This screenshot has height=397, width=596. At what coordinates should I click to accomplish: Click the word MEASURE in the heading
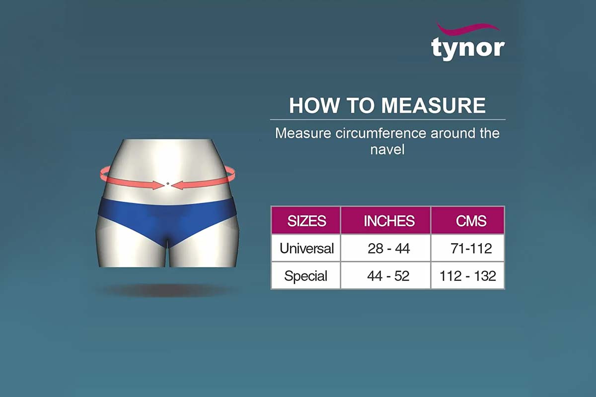point(434,106)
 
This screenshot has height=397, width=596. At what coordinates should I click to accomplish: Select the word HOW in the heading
point(314,106)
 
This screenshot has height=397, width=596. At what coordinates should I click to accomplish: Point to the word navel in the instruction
point(387,149)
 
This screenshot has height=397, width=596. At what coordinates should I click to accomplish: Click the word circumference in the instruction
point(380,133)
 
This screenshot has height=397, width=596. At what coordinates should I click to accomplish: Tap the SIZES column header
point(306,221)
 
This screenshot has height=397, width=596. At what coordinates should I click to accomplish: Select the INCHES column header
point(389,221)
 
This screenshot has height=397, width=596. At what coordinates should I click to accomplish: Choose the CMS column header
point(471,221)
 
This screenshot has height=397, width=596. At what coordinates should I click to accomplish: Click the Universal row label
point(306,248)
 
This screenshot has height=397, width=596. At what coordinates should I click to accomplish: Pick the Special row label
point(306,276)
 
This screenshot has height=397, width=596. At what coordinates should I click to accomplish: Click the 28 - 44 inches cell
point(389,249)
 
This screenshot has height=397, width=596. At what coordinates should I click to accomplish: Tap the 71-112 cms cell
point(471,249)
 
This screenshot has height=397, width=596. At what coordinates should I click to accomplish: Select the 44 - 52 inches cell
point(388,276)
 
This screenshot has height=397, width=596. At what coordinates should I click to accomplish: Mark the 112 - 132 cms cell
point(468,276)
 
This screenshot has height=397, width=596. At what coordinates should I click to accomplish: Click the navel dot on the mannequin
point(168,184)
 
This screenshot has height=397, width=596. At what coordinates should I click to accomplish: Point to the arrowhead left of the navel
point(158,185)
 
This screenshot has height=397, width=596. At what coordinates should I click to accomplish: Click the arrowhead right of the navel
point(177,185)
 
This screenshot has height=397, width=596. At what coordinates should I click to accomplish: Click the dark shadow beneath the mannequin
point(168,290)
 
